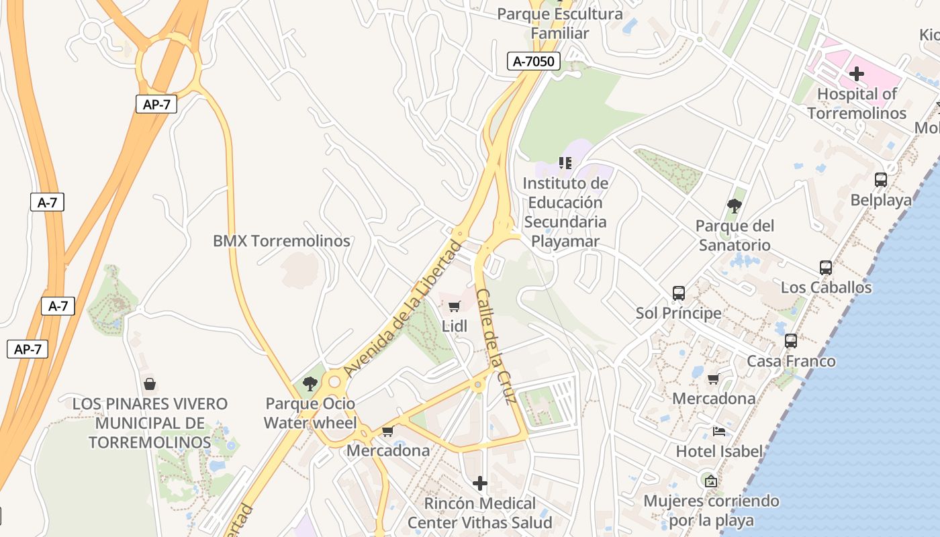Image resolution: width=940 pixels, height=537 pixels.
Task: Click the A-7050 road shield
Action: pos(533,62)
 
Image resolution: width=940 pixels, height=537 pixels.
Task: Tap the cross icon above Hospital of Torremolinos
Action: pos(857,74)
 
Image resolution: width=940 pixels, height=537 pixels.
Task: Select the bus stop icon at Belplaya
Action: pos(881,180)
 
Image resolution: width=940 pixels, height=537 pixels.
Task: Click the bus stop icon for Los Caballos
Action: pos(826,267)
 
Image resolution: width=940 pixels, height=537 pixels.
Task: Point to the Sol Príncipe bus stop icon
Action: pos(679,293)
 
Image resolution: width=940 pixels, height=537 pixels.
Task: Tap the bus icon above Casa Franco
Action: pos(791,341)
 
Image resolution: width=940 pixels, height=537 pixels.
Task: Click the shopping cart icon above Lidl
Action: pos(454,307)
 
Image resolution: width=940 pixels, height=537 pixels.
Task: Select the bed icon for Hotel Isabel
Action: pos(719,432)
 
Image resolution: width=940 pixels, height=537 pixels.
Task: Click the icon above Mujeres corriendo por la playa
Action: pos(711,481)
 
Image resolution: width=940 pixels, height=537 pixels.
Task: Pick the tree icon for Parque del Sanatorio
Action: pos(735,205)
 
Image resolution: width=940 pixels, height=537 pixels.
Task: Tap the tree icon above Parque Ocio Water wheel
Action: pos(310,384)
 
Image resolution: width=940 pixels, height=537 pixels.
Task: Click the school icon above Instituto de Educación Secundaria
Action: pos(565,163)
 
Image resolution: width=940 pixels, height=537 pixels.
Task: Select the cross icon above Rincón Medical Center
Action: pos(480,483)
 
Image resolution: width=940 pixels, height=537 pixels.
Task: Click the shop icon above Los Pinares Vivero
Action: pos(150,384)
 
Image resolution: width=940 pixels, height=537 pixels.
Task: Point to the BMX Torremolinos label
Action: pos(281,241)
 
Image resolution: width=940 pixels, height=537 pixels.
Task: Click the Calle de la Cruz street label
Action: pos(496,346)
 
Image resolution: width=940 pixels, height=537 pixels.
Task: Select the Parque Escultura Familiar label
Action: pos(560,23)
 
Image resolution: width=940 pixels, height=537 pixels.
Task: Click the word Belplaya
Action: pos(881,200)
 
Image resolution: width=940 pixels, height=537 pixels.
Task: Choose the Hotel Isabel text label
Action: pos(719,451)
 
